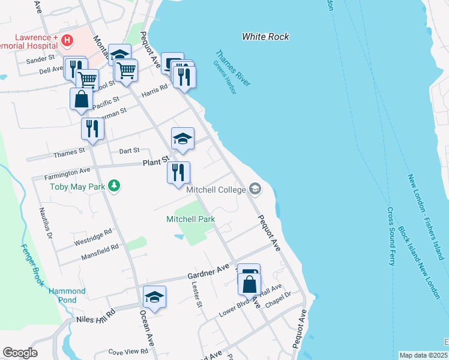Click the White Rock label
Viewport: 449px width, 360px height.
tap(265, 37)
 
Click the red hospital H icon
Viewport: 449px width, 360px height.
tap(67, 40)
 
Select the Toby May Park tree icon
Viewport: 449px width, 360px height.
tap(113, 186)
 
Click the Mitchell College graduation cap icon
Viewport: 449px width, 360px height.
tap(255, 190)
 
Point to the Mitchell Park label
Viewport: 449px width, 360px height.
tap(190, 220)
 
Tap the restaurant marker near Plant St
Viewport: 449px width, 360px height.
tap(178, 173)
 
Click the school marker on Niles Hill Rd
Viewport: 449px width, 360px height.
tap(154, 297)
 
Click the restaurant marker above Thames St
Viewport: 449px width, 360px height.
tap(92, 129)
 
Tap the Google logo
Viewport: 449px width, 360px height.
tap(20, 353)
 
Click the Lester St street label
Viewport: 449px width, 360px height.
tap(197, 295)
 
